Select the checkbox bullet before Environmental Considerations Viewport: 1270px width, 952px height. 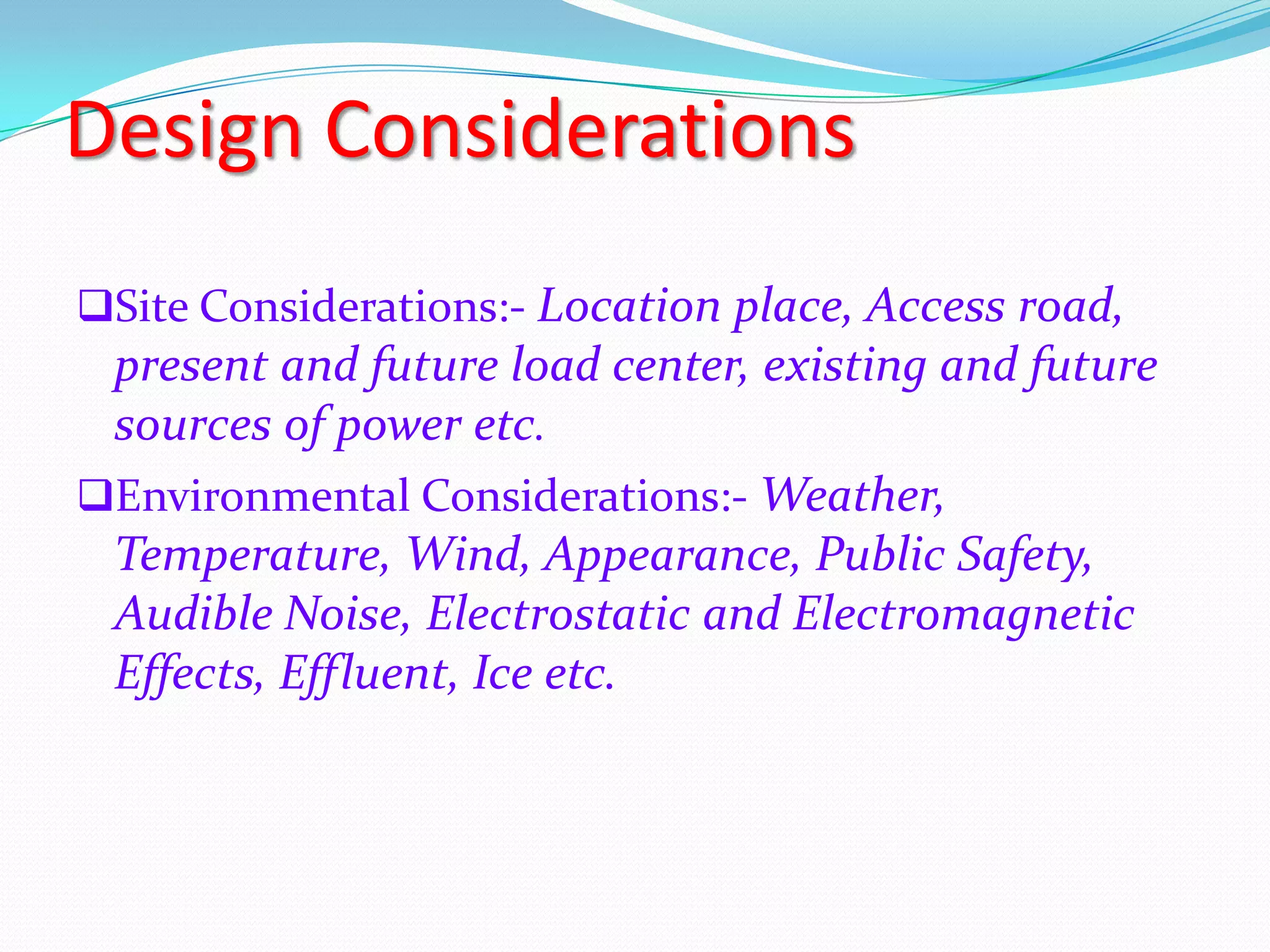[95, 496]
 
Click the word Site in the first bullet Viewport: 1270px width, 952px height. [152, 306]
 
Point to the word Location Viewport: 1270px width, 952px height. [628, 306]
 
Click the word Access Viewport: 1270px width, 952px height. [935, 306]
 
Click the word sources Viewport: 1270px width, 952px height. [193, 426]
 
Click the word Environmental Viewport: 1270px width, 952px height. [263, 496]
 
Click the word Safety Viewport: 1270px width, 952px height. [1024, 555]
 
